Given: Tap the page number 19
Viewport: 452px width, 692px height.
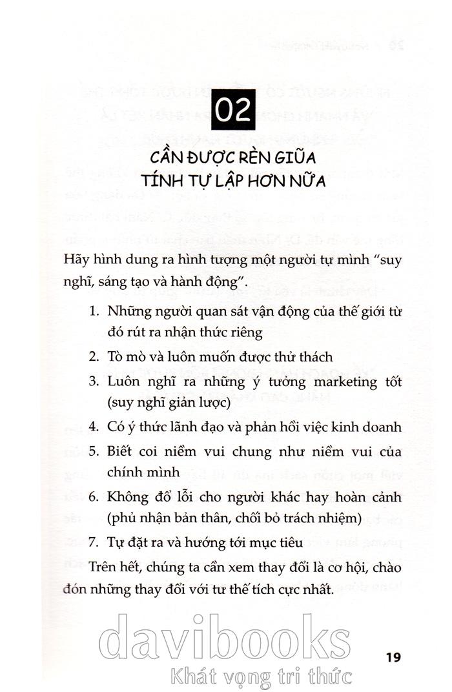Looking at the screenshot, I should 393,658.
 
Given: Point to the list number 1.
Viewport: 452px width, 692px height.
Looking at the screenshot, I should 94,310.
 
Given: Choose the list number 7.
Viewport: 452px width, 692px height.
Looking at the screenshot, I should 93,544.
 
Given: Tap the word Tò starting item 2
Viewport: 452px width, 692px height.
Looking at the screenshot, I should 117,356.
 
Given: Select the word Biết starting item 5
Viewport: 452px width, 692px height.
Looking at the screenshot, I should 121,451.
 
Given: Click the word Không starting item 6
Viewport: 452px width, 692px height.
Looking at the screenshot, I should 127,498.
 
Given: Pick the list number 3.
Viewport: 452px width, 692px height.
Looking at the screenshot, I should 93,382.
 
